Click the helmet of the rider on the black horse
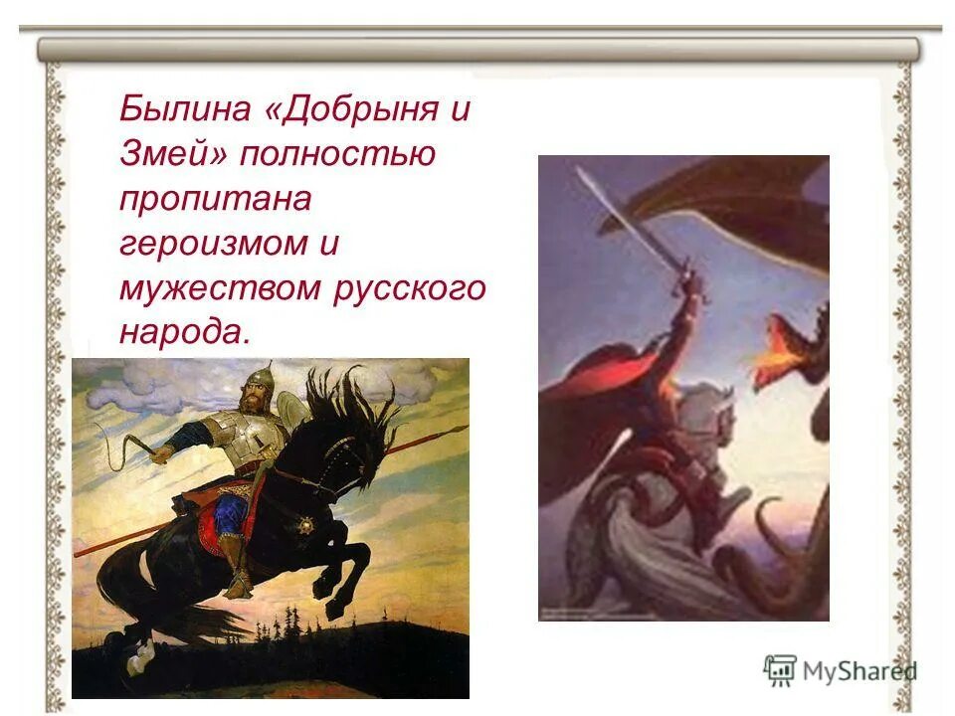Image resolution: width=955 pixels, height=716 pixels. click(258, 381)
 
